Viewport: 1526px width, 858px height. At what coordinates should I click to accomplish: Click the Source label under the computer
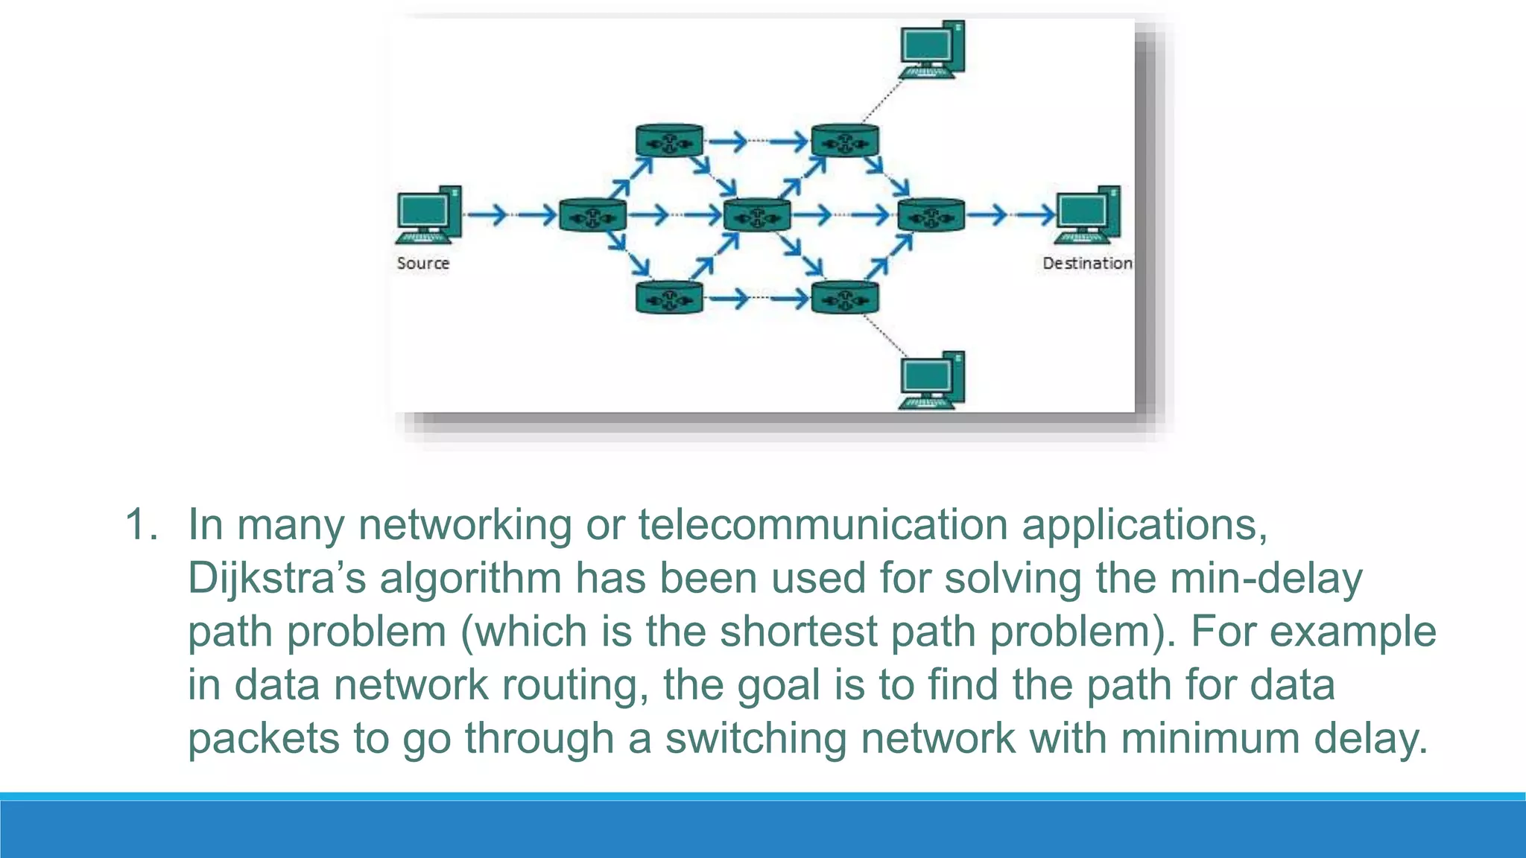click(422, 263)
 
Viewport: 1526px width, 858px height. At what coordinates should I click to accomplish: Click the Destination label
click(1086, 263)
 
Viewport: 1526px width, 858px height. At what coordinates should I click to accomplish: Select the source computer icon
click(428, 214)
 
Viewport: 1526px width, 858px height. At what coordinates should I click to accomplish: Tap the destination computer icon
click(1087, 214)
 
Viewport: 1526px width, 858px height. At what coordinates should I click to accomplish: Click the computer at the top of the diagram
click(931, 49)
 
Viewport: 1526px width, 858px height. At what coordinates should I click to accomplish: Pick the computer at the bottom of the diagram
click(931, 380)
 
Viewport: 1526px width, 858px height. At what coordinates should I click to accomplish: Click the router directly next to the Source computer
click(592, 216)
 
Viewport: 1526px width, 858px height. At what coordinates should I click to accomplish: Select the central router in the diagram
click(757, 216)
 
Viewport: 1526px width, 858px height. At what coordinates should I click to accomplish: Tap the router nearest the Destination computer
click(931, 216)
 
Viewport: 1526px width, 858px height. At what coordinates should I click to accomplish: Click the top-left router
click(669, 141)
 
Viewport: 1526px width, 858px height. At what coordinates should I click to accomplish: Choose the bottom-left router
click(669, 298)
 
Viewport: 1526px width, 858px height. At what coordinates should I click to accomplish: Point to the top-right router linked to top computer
click(844, 141)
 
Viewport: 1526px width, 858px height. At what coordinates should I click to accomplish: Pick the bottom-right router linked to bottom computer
click(844, 298)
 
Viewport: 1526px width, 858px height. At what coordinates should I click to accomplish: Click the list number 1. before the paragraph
click(141, 524)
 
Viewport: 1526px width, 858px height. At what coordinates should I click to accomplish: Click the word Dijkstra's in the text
click(276, 579)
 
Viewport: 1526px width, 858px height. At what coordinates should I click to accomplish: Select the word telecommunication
click(823, 524)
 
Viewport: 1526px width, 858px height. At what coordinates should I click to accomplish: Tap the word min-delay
click(1266, 579)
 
